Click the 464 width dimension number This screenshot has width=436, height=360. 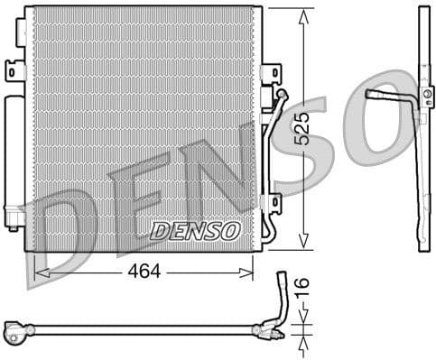point(144,270)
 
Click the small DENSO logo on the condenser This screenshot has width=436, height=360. point(194,231)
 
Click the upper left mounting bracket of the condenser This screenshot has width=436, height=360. point(14,69)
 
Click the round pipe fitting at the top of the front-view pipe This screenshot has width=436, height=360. point(282,94)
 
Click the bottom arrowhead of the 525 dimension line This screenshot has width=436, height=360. point(302,245)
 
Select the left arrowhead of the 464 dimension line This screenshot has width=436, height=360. point(39,270)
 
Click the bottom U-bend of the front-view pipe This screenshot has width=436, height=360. point(267,233)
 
